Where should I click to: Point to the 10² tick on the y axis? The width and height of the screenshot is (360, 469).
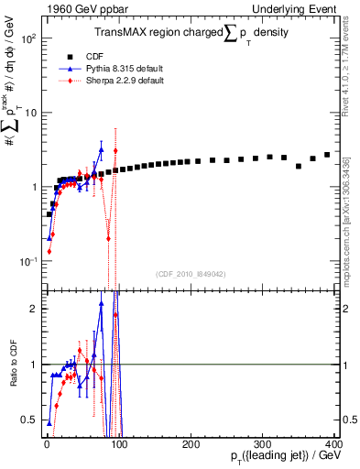coord(28,39)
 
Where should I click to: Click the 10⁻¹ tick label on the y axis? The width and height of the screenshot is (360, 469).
coord(28,261)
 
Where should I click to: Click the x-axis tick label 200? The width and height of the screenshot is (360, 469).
coord(191,443)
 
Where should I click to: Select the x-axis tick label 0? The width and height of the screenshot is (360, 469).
coord(47,443)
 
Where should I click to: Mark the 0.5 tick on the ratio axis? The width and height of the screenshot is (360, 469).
coord(29,420)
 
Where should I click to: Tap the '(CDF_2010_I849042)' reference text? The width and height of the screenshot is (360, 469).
coord(190,273)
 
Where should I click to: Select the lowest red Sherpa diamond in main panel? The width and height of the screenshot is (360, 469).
coord(49,250)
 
